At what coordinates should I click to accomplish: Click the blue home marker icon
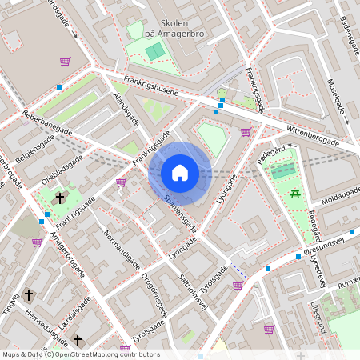click(180, 172)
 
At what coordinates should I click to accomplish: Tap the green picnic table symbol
click(296, 193)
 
